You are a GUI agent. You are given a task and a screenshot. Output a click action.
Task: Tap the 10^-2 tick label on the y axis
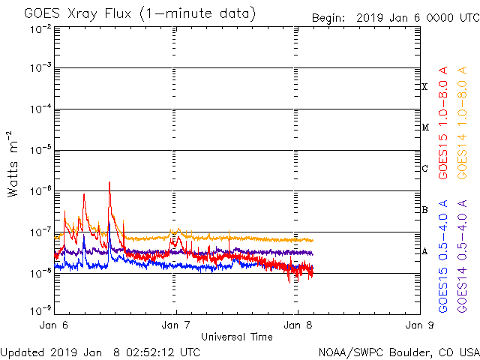pyautogui.click(x=41, y=29)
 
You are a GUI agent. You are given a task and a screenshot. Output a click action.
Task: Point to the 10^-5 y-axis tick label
pyautogui.click(x=41, y=150)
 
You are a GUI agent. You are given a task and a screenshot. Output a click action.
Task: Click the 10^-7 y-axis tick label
pyautogui.click(x=41, y=231)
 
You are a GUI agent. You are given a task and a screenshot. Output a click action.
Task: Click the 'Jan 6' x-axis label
pyautogui.click(x=55, y=326)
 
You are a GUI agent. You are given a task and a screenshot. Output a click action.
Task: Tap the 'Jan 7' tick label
pyautogui.click(x=175, y=326)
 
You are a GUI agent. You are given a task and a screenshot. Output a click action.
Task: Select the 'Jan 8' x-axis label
pyautogui.click(x=297, y=326)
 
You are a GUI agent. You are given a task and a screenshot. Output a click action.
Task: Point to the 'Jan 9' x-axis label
pyautogui.click(x=418, y=326)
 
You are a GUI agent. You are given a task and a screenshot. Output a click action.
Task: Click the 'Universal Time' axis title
pyautogui.click(x=236, y=337)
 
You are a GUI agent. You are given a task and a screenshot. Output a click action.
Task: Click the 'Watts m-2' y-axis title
pyautogui.click(x=13, y=164)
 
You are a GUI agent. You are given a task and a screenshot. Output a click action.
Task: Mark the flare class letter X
pyautogui.click(x=424, y=87)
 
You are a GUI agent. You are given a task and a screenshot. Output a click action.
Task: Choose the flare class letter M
pyautogui.click(x=424, y=127)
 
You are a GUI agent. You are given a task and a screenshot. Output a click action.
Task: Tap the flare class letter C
pyautogui.click(x=424, y=169)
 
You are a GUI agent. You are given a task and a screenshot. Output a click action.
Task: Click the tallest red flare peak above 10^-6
pyautogui.click(x=109, y=182)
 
